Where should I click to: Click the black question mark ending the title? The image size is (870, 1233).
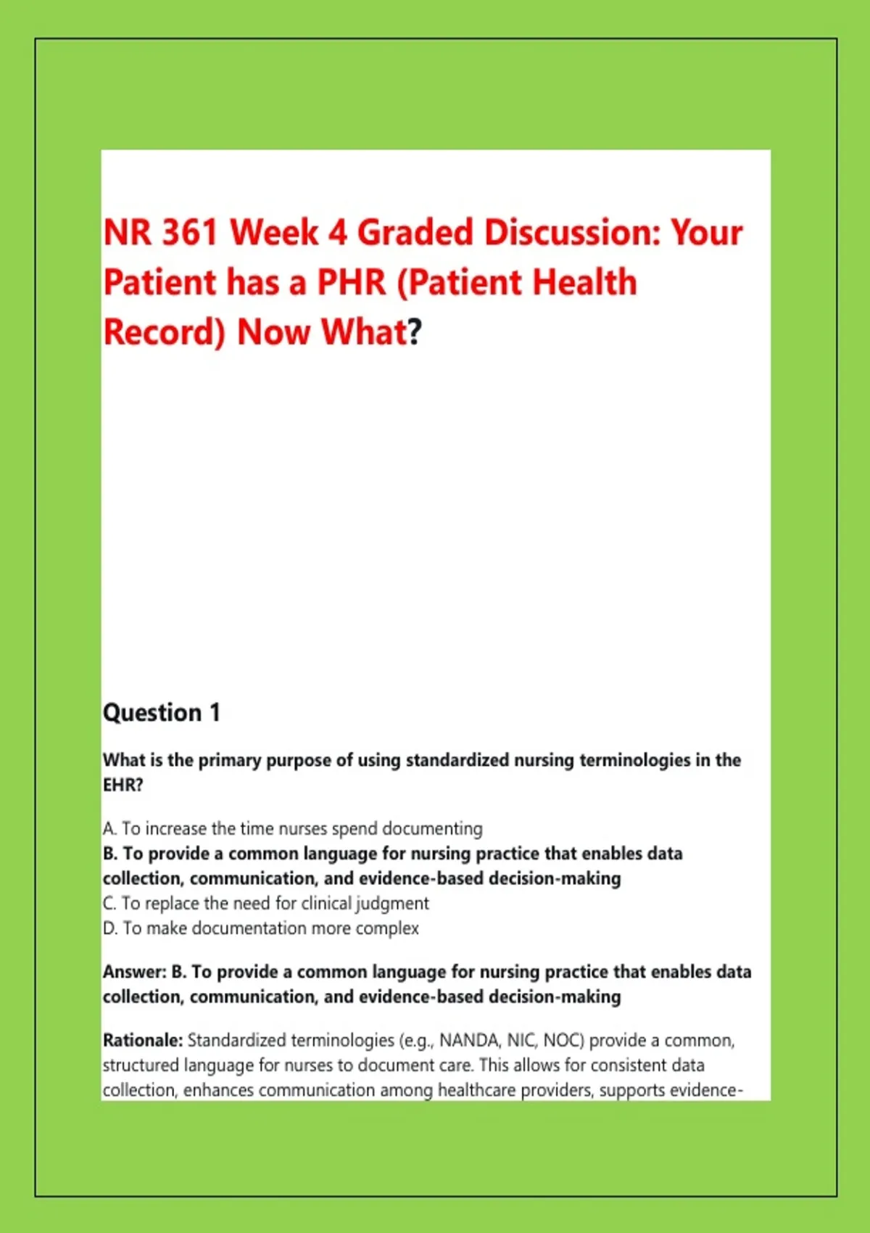[415, 332]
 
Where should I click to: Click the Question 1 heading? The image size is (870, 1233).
[162, 712]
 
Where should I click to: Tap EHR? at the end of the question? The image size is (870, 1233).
[123, 784]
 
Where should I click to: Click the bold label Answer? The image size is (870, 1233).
[134, 973]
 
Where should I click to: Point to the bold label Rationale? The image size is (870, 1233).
[143, 1041]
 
